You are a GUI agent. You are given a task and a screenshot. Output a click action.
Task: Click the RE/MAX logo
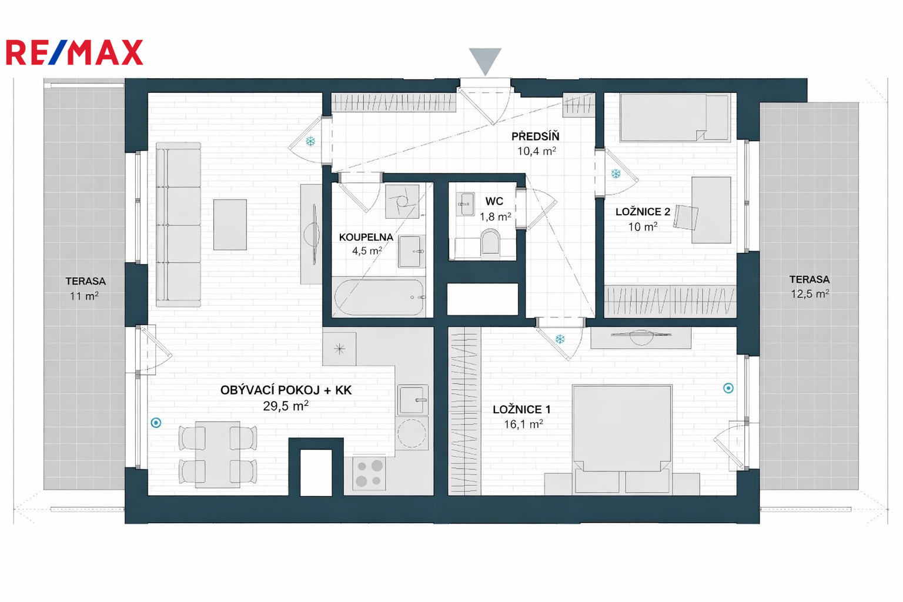click(75, 52)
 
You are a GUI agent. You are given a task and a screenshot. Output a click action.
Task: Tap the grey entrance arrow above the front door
click(485, 61)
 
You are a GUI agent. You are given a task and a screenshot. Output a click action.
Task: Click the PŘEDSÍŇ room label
click(536, 136)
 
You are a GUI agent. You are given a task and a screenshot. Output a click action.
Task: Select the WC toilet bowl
click(490, 242)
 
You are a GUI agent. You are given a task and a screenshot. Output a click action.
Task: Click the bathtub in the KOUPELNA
click(379, 297)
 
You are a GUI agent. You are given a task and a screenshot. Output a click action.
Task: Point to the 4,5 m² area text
click(367, 251)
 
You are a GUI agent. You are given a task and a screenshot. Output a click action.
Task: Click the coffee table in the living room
click(230, 225)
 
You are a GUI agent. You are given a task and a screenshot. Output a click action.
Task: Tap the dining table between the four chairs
click(218, 454)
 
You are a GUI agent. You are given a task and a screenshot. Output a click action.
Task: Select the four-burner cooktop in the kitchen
click(369, 473)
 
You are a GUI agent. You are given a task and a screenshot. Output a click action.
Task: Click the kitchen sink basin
click(412, 400)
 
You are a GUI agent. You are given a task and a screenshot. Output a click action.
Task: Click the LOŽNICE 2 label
click(643, 212)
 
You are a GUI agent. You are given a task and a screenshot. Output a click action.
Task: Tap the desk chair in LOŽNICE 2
click(685, 218)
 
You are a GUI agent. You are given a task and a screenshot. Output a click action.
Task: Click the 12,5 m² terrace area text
click(810, 293)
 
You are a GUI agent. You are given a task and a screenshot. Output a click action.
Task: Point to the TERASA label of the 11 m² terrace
click(85, 281)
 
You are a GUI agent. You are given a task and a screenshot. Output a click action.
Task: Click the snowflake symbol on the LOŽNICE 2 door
click(616, 174)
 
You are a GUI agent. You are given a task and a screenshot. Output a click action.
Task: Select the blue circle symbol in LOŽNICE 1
click(728, 388)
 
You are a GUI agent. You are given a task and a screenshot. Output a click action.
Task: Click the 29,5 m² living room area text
click(286, 406)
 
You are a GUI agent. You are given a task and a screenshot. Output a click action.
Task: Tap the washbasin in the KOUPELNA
click(412, 252)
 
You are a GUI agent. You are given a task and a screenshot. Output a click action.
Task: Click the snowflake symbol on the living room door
click(310, 141)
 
